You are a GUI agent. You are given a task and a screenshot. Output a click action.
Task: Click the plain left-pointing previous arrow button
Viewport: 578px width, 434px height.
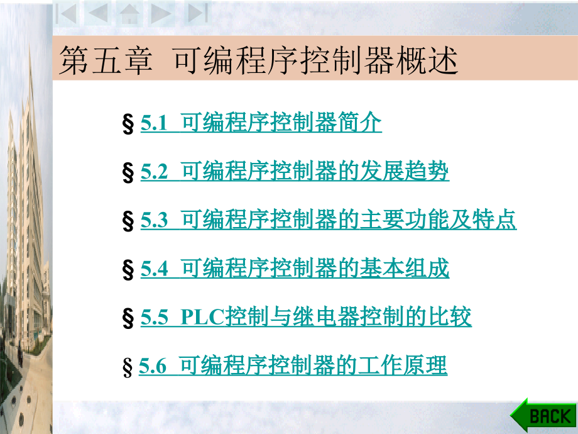[97, 13]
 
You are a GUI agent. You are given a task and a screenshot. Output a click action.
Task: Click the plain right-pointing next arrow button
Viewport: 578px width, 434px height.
[162, 13]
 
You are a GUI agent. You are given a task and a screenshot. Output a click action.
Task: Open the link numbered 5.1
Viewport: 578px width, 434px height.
[261, 123]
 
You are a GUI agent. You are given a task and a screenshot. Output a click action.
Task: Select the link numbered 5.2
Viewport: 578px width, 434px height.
[295, 172]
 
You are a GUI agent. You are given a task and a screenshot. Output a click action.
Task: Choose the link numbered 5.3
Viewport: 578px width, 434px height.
[328, 220]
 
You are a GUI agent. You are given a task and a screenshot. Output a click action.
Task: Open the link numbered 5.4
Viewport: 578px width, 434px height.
[295, 269]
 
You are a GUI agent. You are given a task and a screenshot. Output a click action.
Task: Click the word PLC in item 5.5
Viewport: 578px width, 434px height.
[203, 318]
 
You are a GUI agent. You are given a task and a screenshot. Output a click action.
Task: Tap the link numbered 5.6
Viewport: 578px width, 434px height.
[293, 366]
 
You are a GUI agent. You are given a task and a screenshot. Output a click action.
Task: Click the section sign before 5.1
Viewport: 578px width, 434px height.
[129, 124]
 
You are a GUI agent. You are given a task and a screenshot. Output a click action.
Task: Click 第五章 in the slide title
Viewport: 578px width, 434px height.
[106, 63]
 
